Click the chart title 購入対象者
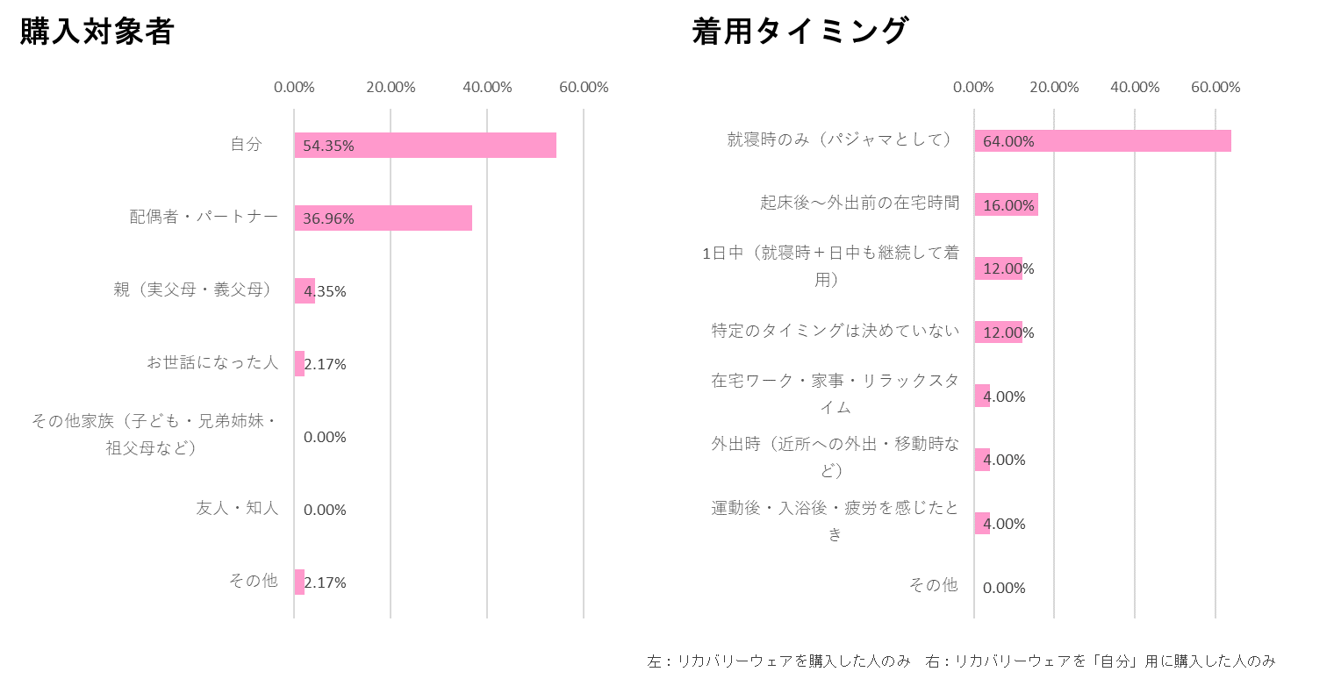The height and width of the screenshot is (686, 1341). (x=97, y=32)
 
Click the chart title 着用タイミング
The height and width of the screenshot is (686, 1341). (x=800, y=31)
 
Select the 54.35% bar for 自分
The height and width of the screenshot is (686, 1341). (x=426, y=146)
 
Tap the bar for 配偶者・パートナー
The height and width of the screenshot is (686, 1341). (x=384, y=218)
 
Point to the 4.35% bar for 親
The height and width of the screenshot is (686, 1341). (x=305, y=291)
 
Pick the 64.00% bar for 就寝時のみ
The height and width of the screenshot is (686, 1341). (x=1103, y=140)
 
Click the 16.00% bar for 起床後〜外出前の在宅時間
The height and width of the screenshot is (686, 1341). (x=1007, y=204)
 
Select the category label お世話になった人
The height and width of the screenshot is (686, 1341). (x=212, y=363)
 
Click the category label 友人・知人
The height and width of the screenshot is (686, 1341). (x=237, y=508)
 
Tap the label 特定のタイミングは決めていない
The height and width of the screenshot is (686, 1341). (x=835, y=331)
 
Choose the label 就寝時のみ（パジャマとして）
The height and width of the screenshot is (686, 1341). (x=839, y=139)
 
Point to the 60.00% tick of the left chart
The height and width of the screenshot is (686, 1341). (x=584, y=88)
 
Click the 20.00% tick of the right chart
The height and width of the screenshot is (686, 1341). (x=1054, y=88)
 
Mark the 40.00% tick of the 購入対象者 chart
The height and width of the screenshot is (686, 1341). (x=487, y=88)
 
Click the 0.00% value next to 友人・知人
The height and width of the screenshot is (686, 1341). (x=325, y=510)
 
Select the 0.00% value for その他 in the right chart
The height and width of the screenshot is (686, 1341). (x=1004, y=588)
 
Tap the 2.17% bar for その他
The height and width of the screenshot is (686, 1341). (x=299, y=582)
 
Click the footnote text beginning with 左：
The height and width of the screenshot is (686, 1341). (x=778, y=661)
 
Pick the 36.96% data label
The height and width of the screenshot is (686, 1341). (x=328, y=218)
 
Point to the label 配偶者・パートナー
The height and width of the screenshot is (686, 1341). (x=204, y=217)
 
